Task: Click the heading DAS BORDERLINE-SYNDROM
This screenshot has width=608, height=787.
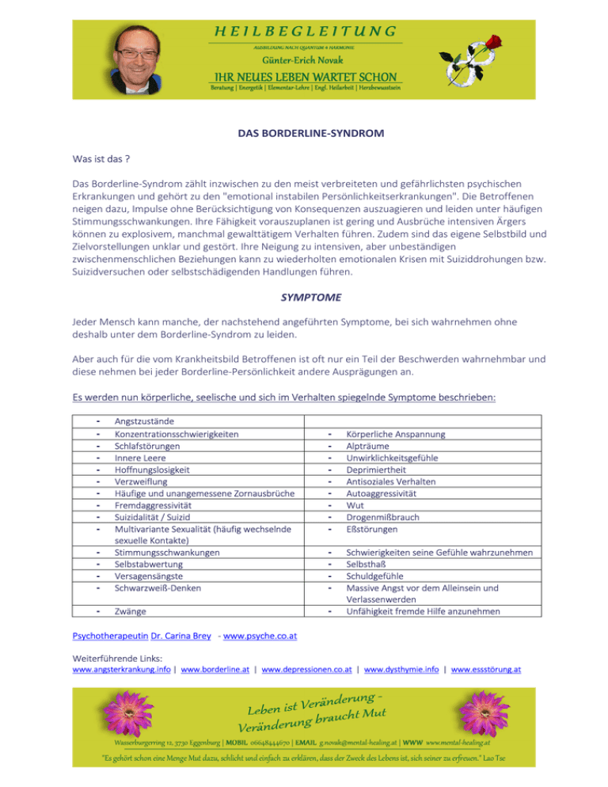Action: pyautogui.click(x=304, y=135)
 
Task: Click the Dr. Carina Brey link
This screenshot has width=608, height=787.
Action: pyautogui.click(x=182, y=637)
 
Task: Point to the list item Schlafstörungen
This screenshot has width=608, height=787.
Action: pyautogui.click(x=146, y=446)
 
